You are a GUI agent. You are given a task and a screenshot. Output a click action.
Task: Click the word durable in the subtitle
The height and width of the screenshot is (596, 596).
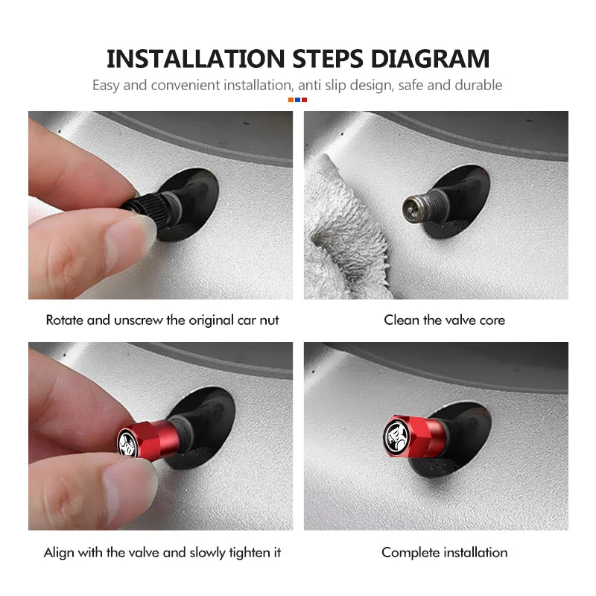tap(478, 85)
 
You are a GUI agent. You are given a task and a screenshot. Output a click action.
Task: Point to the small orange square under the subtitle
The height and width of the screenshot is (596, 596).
tap(291, 99)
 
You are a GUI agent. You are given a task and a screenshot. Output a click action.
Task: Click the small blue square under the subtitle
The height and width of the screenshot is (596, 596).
tap(297, 99)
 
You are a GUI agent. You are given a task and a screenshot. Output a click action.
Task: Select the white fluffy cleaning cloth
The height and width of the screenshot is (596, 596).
tap(339, 238)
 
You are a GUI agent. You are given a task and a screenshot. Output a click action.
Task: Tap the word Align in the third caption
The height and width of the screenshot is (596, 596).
tap(59, 553)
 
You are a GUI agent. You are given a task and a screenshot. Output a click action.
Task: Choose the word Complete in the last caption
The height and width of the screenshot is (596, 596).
tap(410, 553)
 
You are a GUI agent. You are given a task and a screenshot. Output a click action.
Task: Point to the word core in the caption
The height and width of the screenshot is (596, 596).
tap(492, 320)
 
